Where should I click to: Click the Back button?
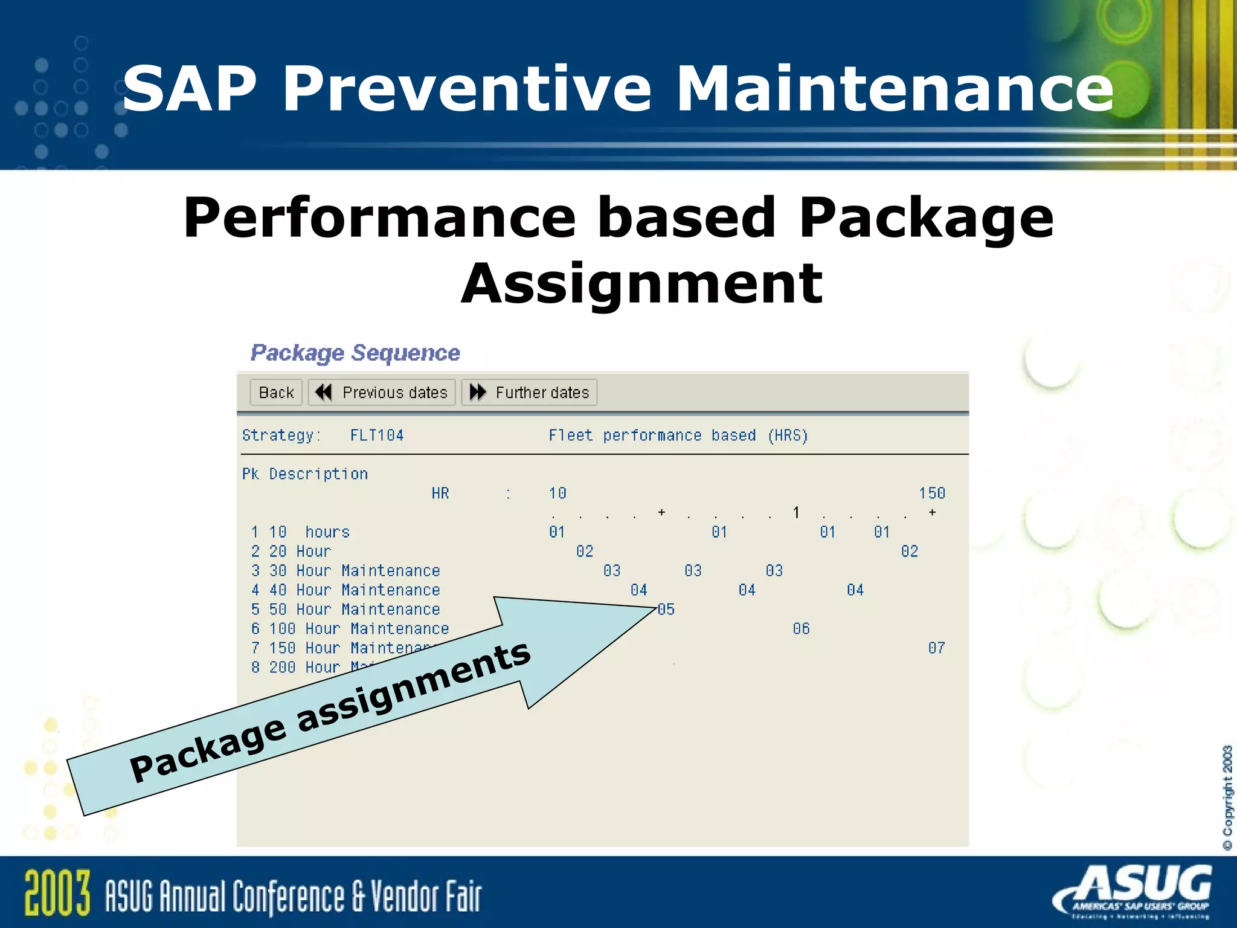tap(276, 393)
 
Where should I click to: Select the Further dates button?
tap(530, 393)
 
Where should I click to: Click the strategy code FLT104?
tap(377, 436)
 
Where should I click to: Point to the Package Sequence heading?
tap(355, 353)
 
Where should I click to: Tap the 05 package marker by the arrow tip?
tap(666, 609)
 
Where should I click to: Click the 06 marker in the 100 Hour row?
tap(801, 629)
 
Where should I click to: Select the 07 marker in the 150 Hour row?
tap(936, 648)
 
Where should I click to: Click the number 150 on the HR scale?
tap(931, 494)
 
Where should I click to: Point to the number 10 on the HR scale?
tap(557, 494)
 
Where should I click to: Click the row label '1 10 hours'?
tap(301, 532)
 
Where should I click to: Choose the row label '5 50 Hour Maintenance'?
tap(345, 610)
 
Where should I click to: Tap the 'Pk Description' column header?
tap(305, 474)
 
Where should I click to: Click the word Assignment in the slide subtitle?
tap(641, 284)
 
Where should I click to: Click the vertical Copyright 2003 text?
tap(1227, 797)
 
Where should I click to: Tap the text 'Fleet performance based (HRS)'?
tap(678, 436)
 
